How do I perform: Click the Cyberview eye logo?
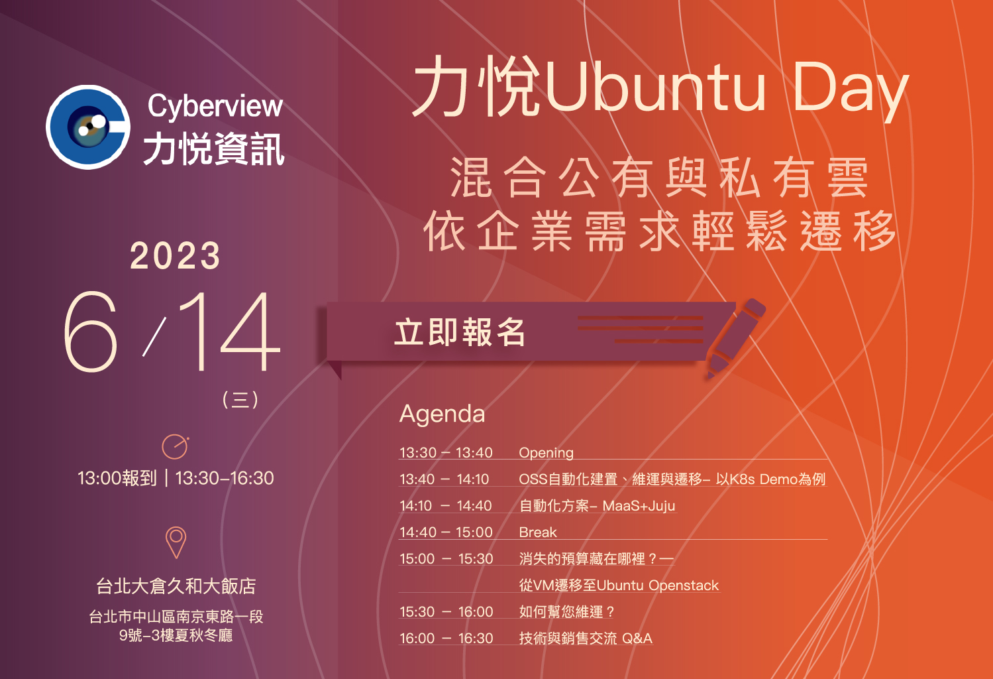[x=88, y=127]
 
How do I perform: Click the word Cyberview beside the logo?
[x=215, y=107]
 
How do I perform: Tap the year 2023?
[x=175, y=256]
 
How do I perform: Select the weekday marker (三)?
[x=240, y=399]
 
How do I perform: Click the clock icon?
[x=175, y=446]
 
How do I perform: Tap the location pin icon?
[x=176, y=542]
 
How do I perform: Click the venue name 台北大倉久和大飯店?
[x=176, y=586]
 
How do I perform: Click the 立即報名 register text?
[x=459, y=332]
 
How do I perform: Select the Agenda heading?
[x=442, y=414]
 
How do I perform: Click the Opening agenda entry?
[x=546, y=453]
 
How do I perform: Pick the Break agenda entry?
[x=538, y=532]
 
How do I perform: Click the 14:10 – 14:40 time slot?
[x=446, y=505]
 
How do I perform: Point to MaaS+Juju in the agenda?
[x=639, y=505]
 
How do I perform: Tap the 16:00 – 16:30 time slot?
[x=446, y=638]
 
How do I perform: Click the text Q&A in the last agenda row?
[x=637, y=638]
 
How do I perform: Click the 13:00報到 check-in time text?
[x=117, y=478]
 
